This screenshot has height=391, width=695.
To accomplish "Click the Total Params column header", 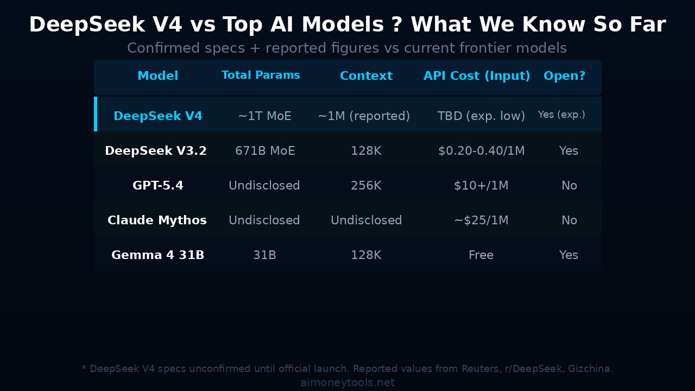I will coord(261,75).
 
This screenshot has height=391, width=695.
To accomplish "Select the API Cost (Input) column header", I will coord(477,76).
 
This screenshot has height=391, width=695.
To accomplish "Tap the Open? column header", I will coord(564,76).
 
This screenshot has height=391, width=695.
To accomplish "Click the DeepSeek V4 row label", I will coord(157,116).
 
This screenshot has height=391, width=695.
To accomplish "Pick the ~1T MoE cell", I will coord(264,116).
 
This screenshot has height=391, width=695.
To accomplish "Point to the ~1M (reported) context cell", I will coord(364,116).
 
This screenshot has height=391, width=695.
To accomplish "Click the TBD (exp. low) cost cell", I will coord(481,116).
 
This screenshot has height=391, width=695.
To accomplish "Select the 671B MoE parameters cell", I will coord(265,151).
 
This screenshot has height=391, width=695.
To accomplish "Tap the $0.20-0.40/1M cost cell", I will coord(481,151).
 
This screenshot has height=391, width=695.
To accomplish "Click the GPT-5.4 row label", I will coord(157,186).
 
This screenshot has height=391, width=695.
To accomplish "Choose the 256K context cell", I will coord(366,186).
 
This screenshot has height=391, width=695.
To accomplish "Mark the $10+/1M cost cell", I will coord(481,186).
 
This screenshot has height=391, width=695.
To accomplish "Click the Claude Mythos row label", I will coord(157,220).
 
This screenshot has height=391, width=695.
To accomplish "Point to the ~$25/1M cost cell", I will coord(481,220).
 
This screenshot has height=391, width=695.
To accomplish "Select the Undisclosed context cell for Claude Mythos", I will coord(366,220).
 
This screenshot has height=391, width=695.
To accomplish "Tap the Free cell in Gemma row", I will coord(481,255).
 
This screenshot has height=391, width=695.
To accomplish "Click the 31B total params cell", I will coord(264,255).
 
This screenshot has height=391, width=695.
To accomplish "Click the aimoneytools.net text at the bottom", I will coord(347,383).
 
